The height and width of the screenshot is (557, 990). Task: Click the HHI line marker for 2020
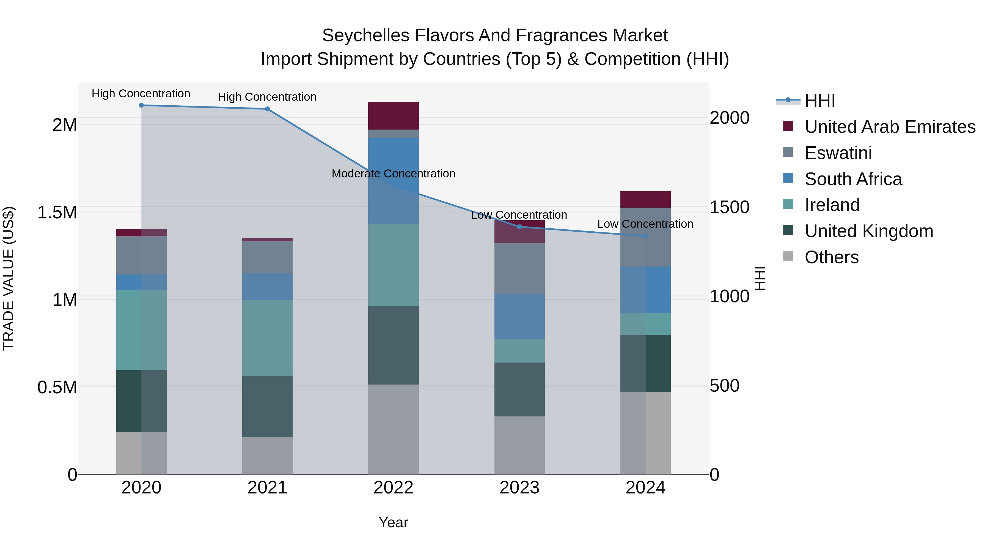click(141, 105)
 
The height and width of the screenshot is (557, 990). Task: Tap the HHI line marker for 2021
click(268, 109)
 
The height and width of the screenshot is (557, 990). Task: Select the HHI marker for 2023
click(519, 227)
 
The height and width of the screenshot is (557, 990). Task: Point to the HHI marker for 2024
click(646, 236)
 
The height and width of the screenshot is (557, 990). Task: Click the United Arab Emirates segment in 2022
click(394, 116)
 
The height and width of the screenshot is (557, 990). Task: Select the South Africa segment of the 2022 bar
click(394, 181)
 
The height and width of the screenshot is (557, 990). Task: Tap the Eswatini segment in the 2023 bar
click(519, 268)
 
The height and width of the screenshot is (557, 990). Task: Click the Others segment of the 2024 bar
click(646, 433)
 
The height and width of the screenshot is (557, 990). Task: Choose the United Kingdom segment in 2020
click(141, 401)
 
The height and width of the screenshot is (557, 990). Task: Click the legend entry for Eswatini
click(838, 153)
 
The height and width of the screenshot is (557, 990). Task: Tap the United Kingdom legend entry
click(868, 231)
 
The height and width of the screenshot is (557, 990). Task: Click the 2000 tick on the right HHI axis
click(729, 118)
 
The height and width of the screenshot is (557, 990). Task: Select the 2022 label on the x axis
click(394, 488)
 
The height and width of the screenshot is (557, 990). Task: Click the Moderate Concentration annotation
click(394, 174)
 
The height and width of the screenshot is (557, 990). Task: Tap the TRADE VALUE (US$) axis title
click(9, 278)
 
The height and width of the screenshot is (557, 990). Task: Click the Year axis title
click(394, 522)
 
